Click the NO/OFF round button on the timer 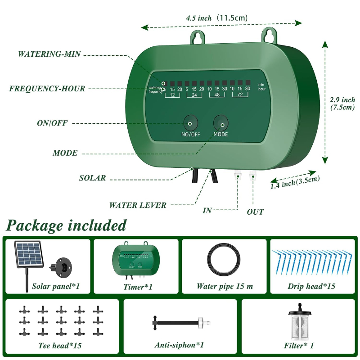tap(190, 123)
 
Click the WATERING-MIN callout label tap(49, 54)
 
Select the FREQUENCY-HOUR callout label tap(47, 89)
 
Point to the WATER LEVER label tap(138, 205)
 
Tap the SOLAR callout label tap(93, 178)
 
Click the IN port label tap(207, 210)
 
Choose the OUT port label tap(255, 211)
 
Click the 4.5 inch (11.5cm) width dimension tap(216, 18)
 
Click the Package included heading tap(67, 225)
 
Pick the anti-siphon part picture tap(178, 322)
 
